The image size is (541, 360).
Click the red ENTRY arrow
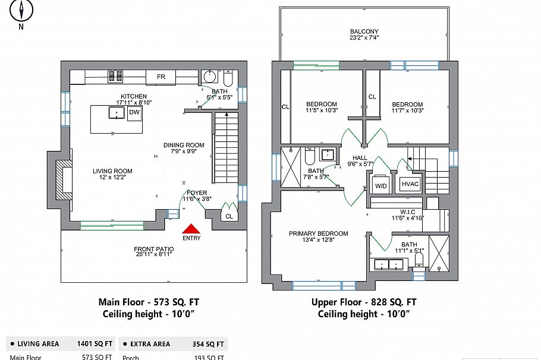[x=191, y=228]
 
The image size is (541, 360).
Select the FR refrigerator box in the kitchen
[x=161, y=77]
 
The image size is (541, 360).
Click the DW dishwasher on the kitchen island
[x=134, y=112]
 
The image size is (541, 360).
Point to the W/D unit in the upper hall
[x=380, y=184]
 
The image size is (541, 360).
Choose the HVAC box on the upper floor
[x=410, y=184]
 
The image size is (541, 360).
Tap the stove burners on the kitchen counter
[x=115, y=76]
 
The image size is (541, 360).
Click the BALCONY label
[x=364, y=32]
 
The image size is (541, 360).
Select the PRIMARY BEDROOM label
[x=319, y=233]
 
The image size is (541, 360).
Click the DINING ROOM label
[x=184, y=145]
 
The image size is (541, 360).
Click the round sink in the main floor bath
[x=209, y=77]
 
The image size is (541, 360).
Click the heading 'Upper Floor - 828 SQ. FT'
[x=364, y=302]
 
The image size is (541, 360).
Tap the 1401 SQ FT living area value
[x=95, y=344]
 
